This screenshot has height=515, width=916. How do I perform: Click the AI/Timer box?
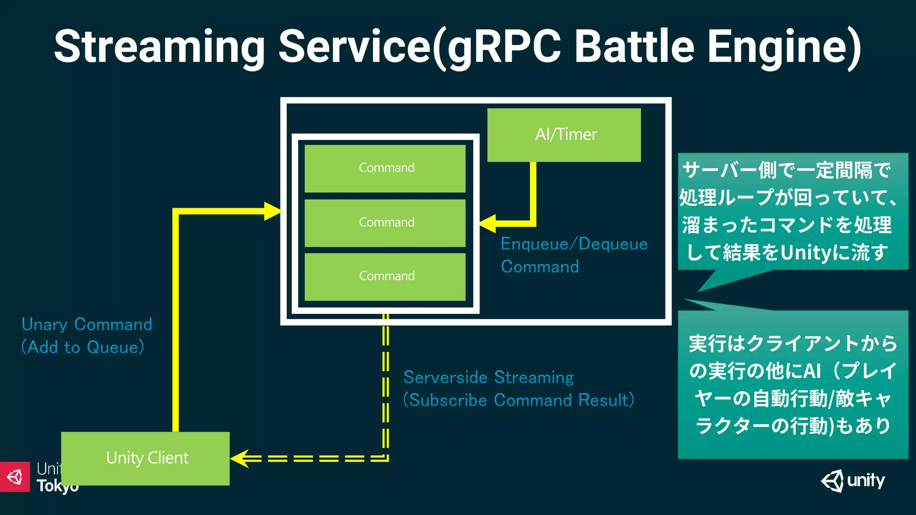tap(564, 135)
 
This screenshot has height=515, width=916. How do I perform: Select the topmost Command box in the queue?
tap(385, 168)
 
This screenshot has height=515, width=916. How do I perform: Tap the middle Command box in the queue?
tap(385, 223)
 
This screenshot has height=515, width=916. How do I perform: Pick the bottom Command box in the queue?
tap(385, 276)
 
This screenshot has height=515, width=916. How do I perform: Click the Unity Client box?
tap(145, 458)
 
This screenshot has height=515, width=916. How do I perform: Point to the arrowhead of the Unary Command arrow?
tap(273, 211)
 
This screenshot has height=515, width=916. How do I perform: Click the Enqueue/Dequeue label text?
tap(574, 244)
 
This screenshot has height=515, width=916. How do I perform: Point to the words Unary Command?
tap(87, 325)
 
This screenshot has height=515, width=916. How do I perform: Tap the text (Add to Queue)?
tap(83, 347)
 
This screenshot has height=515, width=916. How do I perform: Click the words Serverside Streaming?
tap(488, 377)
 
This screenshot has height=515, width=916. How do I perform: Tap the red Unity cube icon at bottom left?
tap(15, 477)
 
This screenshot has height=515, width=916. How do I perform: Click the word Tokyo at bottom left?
tap(57, 486)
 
